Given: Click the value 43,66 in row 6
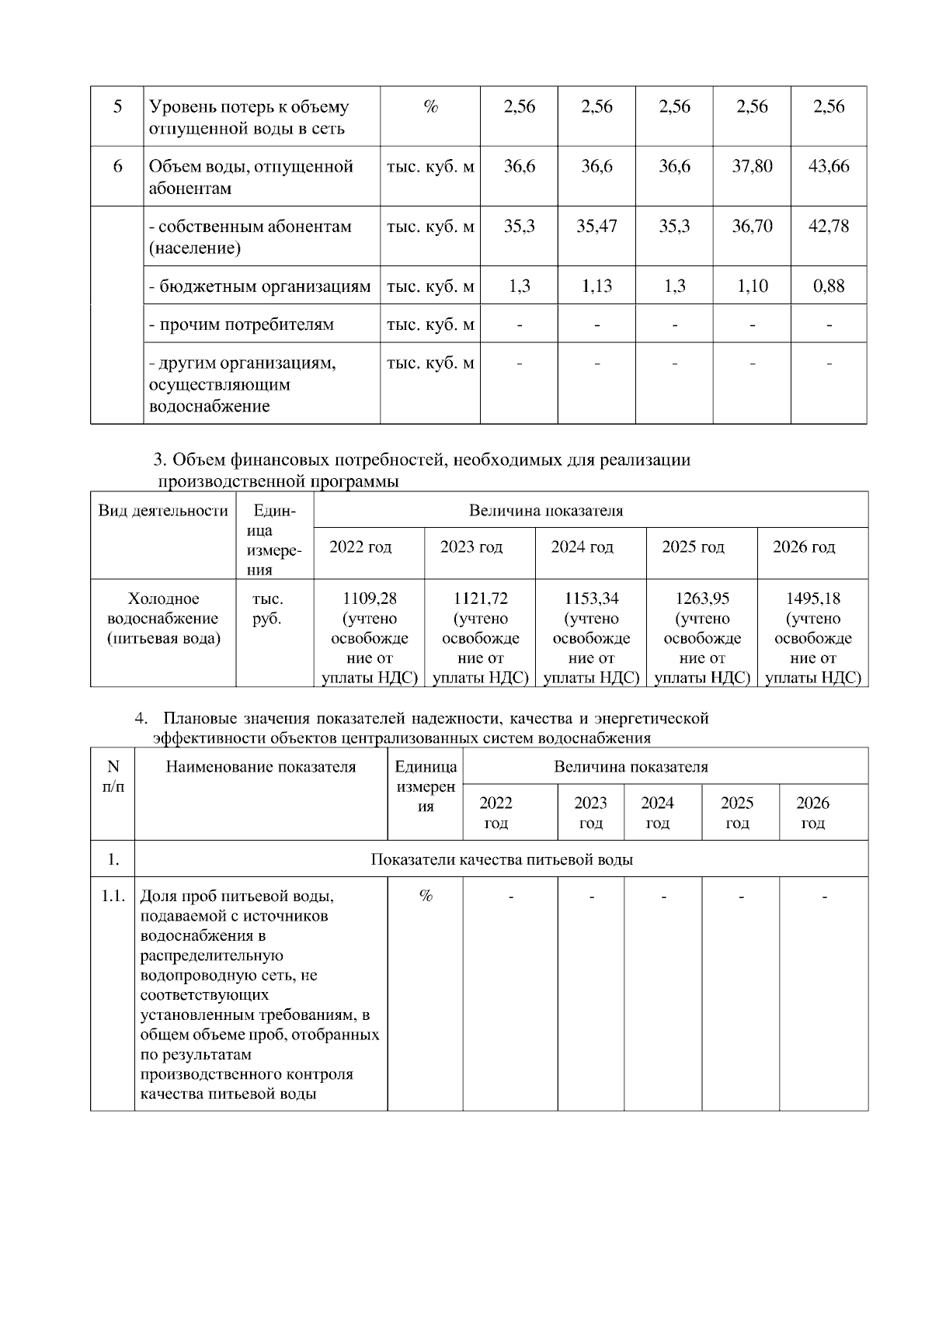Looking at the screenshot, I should (x=829, y=166).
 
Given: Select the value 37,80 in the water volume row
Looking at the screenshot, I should (x=752, y=166).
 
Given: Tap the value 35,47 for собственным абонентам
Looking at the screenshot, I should (x=596, y=227).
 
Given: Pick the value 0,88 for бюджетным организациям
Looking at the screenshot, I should (x=829, y=286).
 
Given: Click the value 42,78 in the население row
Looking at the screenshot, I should (x=829, y=227).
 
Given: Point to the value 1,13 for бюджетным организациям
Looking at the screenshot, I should (x=596, y=286).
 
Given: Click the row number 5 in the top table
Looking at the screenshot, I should (x=117, y=106).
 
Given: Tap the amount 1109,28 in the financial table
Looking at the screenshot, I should (x=369, y=598).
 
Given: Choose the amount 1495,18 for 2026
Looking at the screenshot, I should (x=812, y=598).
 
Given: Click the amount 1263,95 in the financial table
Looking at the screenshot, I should (x=702, y=598).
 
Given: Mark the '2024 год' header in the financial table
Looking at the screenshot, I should (x=582, y=547).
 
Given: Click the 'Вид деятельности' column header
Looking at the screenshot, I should (x=163, y=511).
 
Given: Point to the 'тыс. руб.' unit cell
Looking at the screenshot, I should (x=267, y=609).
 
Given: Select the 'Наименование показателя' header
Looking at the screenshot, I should (x=261, y=767).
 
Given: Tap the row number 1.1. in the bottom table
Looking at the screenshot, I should (x=113, y=897).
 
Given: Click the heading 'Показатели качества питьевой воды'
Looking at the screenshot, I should (x=501, y=859).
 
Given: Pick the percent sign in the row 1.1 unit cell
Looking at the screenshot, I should (x=426, y=897).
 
